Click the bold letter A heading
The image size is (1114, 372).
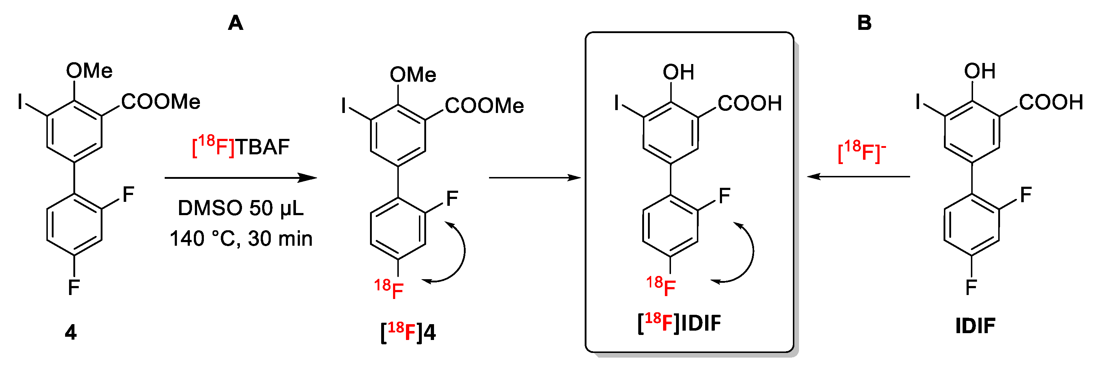(235, 23)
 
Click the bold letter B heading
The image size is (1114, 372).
(864, 23)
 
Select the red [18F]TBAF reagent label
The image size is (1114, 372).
(241, 147)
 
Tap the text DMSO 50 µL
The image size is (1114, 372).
(241, 208)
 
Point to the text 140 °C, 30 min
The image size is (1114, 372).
(241, 238)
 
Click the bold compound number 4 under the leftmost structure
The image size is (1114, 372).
(70, 332)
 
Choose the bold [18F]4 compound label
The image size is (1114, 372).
(408, 332)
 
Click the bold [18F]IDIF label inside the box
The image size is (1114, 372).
(679, 323)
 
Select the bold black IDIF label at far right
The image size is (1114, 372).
(975, 326)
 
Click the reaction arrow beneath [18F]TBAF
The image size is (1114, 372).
(241, 178)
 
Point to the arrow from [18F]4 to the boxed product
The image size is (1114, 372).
(534, 178)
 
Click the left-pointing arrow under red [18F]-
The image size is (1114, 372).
(858, 177)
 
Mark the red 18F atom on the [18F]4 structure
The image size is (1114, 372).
(389, 289)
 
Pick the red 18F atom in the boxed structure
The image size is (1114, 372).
(661, 287)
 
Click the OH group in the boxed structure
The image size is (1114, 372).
(678, 73)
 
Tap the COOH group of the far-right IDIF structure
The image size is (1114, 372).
(1051, 103)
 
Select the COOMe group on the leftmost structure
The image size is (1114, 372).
(160, 102)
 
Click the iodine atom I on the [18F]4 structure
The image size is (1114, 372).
(344, 105)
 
